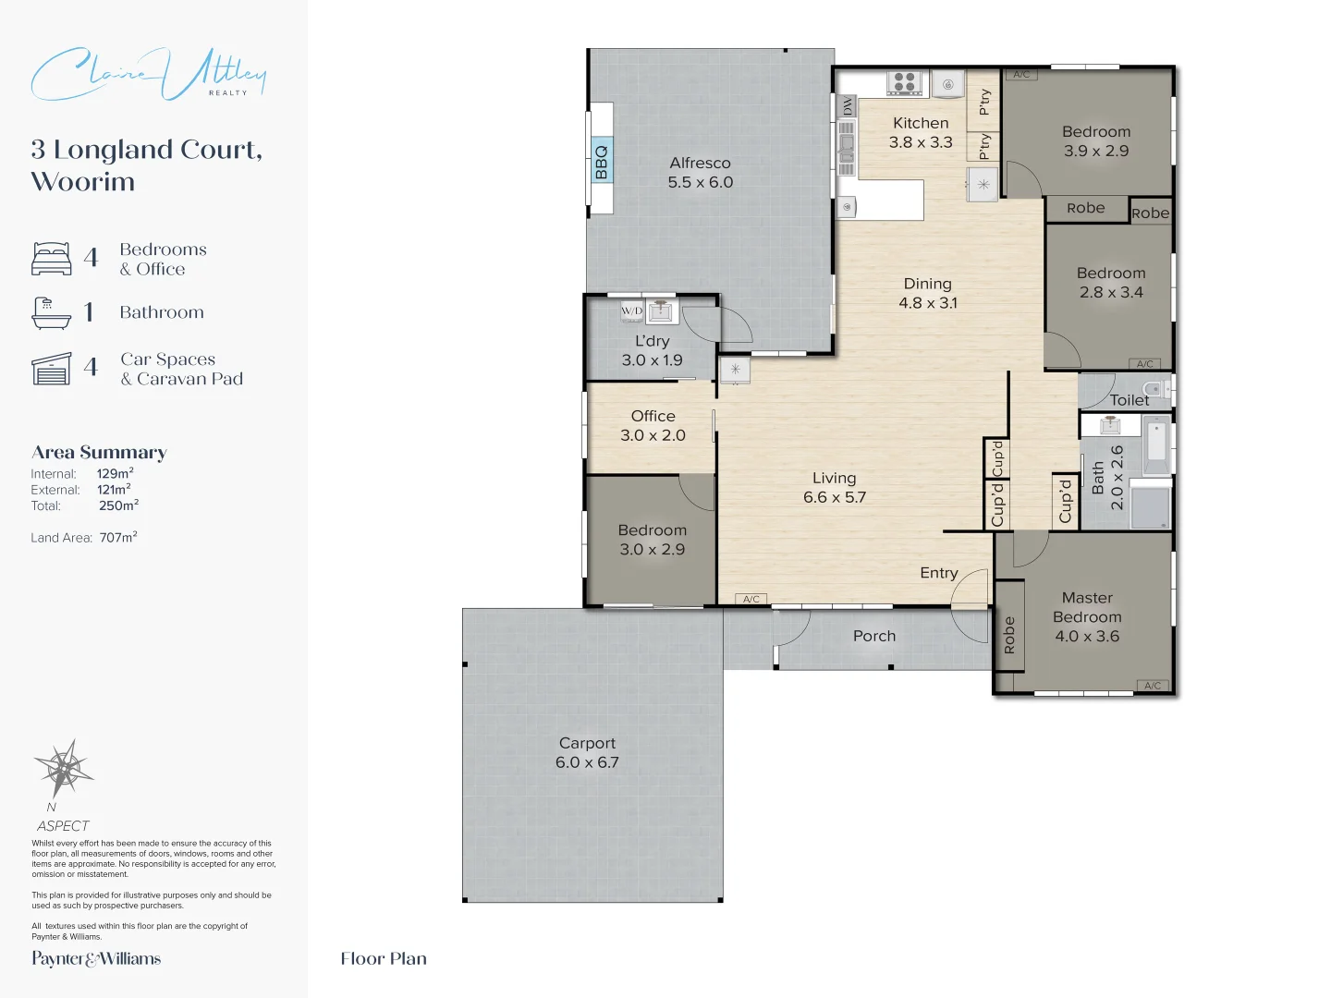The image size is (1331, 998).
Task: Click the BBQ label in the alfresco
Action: (602, 162)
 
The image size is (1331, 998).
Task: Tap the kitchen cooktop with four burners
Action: (905, 82)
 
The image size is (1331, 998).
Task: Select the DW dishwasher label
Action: (848, 106)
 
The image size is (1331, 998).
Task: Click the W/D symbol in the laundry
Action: (632, 310)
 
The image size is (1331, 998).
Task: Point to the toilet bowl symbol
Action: (1152, 388)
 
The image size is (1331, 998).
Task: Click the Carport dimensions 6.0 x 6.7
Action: (587, 762)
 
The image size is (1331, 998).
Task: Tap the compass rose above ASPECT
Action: (63, 768)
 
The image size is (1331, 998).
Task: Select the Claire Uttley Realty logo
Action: (148, 74)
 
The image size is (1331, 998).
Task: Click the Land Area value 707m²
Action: (118, 537)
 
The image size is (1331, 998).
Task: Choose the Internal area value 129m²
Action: (116, 473)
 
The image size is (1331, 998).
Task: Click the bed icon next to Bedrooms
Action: (52, 259)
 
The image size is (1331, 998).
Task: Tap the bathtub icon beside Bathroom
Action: (51, 313)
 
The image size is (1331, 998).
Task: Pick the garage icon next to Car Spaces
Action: (52, 369)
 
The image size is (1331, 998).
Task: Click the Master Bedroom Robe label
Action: (1009, 636)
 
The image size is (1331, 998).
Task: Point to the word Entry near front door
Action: (939, 573)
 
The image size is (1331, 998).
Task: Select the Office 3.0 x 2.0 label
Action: (653, 426)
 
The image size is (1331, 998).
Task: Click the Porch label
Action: (874, 636)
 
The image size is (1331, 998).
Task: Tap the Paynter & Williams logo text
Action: (96, 958)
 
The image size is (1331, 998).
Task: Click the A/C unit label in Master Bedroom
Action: (1153, 686)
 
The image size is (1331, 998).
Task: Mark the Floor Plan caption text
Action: (384, 958)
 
